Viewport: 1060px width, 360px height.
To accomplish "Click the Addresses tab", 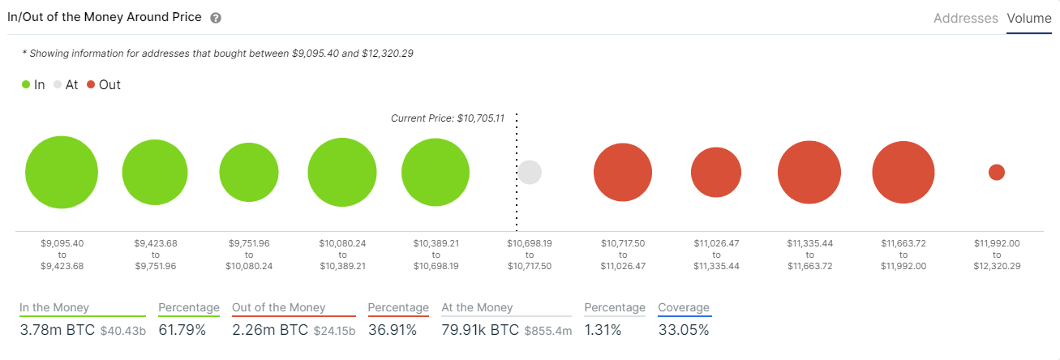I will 965,18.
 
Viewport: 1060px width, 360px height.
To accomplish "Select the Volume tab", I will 1028,18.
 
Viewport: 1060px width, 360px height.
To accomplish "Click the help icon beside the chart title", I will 215,18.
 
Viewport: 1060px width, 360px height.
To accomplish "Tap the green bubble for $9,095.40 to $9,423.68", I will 62,173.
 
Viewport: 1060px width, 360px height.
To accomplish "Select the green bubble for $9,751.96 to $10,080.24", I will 249,173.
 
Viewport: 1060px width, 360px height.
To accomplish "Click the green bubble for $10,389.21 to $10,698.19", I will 436,173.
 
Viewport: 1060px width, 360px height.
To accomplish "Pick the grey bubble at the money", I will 530,172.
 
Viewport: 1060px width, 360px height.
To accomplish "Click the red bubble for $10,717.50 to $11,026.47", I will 623,173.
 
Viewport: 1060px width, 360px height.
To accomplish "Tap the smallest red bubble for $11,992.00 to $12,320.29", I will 997,173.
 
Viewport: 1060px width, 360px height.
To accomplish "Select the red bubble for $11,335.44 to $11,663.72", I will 809,173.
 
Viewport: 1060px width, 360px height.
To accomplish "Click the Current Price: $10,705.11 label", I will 448,118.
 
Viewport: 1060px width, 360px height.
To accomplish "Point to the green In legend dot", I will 26,84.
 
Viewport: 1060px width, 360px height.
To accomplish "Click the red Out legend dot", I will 91,84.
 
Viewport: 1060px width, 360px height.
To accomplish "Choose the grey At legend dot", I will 58,84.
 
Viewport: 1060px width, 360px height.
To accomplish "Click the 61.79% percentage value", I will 188,330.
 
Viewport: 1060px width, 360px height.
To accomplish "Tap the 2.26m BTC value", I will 271,330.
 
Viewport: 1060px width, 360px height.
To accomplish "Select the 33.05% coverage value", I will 683,330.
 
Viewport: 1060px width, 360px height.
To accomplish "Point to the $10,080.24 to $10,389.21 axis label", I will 342,254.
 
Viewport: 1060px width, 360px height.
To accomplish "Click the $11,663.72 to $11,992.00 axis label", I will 903,254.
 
